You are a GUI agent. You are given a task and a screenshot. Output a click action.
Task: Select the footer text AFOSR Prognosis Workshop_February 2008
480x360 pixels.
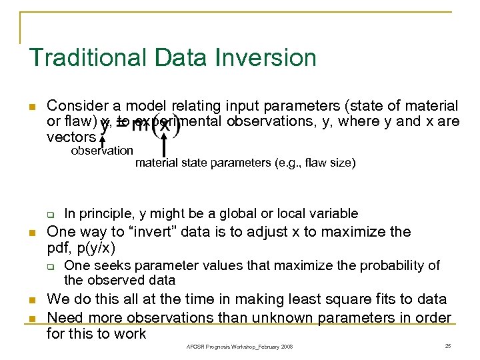[240, 347]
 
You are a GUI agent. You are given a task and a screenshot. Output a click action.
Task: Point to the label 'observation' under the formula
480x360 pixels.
[102, 151]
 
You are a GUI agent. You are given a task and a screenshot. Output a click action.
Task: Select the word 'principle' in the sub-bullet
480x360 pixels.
[109, 213]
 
